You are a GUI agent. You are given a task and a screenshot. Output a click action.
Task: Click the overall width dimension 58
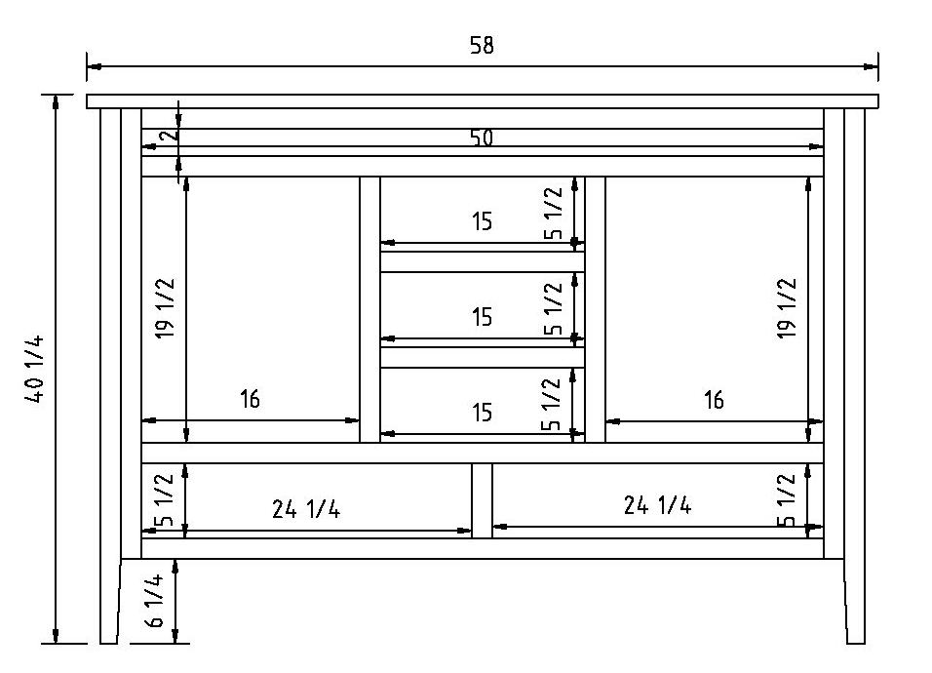482,46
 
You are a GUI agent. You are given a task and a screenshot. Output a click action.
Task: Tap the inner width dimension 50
482,138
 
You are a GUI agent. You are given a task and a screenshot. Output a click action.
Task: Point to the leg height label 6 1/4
155,601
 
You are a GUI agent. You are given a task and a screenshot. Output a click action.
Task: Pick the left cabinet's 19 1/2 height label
166,308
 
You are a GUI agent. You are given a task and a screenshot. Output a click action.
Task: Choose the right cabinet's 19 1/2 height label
787,308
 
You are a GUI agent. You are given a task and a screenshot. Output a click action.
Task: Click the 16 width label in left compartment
250,399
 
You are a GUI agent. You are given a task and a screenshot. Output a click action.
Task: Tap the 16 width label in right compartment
714,399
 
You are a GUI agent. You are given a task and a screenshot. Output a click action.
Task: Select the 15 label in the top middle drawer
482,221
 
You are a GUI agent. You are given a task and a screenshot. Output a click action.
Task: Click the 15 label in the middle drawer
482,317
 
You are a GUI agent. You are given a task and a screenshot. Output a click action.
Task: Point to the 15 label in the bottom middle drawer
482,413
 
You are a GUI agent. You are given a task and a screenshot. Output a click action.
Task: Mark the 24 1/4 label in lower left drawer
306,508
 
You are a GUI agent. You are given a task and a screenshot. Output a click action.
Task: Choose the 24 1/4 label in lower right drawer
657,504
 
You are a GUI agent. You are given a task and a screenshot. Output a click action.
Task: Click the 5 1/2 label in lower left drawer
165,499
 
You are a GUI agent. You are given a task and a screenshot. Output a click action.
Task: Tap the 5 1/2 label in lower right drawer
787,499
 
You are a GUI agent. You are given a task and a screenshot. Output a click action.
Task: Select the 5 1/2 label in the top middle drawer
553,214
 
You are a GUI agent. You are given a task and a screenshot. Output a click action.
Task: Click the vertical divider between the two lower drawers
482,499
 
